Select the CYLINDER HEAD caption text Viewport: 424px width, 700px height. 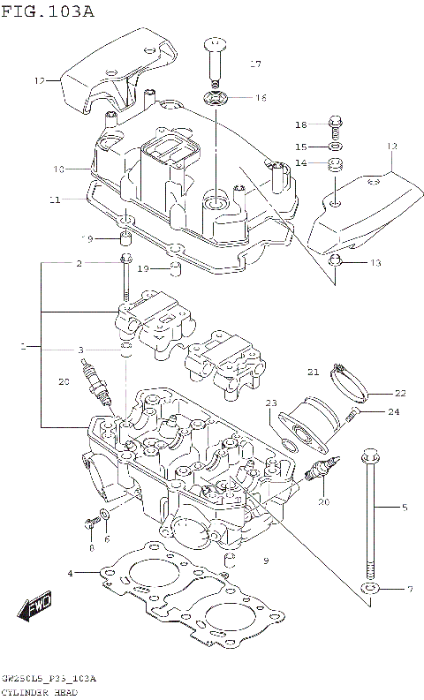point(43,690)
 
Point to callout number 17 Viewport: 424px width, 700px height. point(255,64)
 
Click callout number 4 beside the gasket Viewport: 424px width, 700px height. point(71,575)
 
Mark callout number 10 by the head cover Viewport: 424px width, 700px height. point(59,169)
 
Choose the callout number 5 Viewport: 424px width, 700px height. point(405,508)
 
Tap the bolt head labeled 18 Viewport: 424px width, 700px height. point(334,123)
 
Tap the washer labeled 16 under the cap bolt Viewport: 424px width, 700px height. point(215,97)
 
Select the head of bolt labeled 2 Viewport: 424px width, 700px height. point(125,260)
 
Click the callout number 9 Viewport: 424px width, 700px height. point(264,561)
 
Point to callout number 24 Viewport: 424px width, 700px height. point(393,411)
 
